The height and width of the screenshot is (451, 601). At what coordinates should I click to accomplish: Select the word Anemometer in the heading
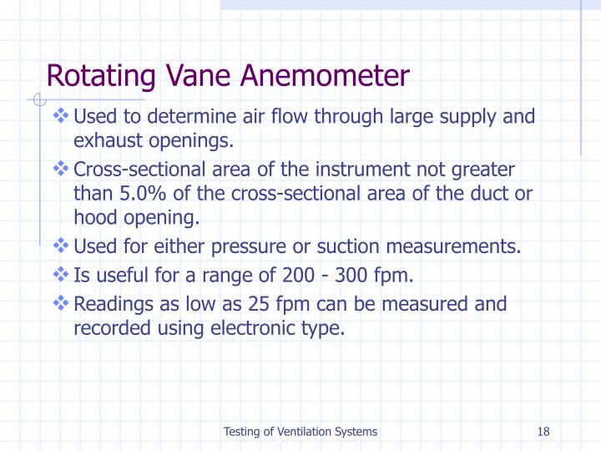(x=325, y=77)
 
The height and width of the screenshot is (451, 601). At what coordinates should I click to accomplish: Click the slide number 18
(x=543, y=432)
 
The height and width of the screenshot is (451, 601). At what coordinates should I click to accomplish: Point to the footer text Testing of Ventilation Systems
(x=300, y=432)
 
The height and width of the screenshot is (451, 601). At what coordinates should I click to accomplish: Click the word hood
(x=94, y=218)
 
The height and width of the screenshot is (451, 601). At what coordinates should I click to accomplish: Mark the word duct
(x=492, y=194)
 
